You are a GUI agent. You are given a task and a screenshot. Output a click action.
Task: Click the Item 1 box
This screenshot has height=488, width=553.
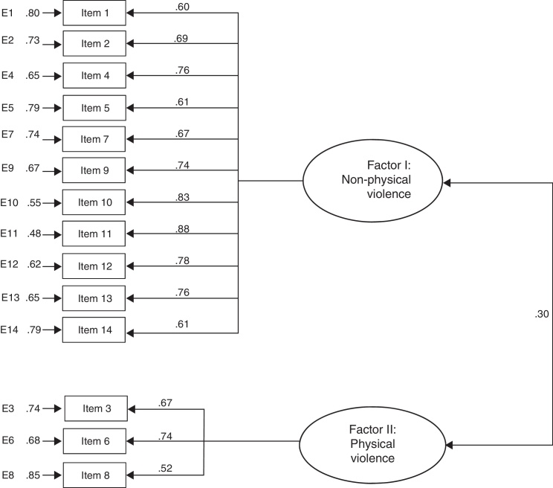[95, 13]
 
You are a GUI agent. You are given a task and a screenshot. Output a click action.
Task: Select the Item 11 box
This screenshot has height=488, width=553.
[95, 234]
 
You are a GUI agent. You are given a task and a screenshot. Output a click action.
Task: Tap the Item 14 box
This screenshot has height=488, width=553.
[95, 330]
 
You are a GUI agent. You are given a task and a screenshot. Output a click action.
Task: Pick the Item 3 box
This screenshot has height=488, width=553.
[97, 408]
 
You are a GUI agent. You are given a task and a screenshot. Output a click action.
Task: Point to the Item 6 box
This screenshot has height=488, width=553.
[97, 440]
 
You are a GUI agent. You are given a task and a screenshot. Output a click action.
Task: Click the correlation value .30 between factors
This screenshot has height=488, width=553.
[542, 314]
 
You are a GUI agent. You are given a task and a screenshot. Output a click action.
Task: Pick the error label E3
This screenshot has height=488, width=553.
[7, 408]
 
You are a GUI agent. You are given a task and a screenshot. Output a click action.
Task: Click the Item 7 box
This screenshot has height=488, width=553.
[95, 139]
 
